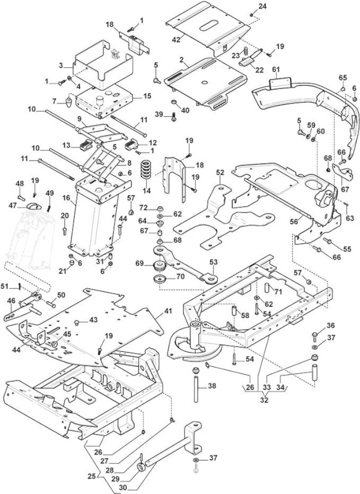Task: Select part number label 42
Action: pyautogui.click(x=176, y=40)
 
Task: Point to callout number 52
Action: pyautogui.click(x=220, y=173)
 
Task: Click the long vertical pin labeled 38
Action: pyautogui.click(x=196, y=385)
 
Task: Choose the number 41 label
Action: pyautogui.click(x=168, y=311)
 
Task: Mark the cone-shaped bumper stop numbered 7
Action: pyautogui.click(x=69, y=102)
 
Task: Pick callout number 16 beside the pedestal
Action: pyautogui.click(x=66, y=198)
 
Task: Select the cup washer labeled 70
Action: pyautogui.click(x=160, y=279)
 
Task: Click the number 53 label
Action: pyautogui.click(x=213, y=262)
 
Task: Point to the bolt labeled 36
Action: pyautogui.click(x=314, y=336)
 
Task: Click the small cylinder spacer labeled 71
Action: pyautogui.click(x=267, y=288)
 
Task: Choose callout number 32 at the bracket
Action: pyautogui.click(x=264, y=400)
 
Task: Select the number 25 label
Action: pyautogui.click(x=91, y=476)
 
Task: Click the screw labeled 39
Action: pyautogui.click(x=174, y=117)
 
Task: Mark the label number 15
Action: pyautogui.click(x=147, y=96)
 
